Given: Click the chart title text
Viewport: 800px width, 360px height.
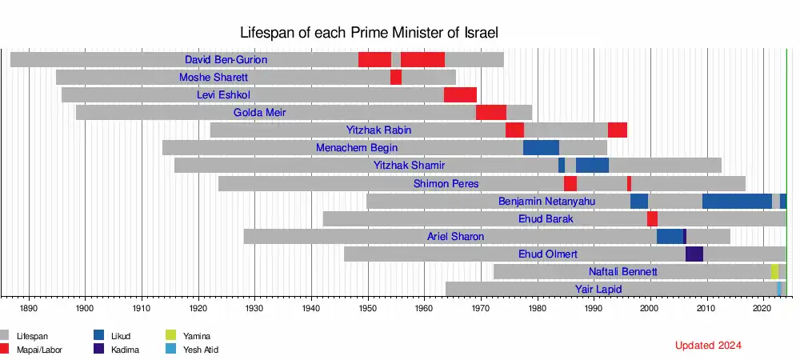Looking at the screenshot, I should (x=370, y=33).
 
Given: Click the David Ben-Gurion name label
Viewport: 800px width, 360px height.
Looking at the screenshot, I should (x=226, y=60).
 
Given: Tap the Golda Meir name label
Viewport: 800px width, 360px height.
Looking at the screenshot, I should (x=259, y=113).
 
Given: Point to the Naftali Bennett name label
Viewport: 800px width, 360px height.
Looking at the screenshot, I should (x=623, y=272).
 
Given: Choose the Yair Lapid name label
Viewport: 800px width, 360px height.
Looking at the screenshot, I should (x=594, y=289).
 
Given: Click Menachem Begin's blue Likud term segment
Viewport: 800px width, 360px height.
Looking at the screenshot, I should (x=541, y=148).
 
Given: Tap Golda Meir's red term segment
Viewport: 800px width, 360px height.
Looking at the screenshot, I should (x=490, y=113).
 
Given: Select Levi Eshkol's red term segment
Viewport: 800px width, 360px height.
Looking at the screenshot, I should (x=460, y=95).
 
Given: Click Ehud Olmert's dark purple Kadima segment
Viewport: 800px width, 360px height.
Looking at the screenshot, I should (x=694, y=254).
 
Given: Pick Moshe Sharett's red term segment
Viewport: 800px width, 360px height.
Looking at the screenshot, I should (x=396, y=78).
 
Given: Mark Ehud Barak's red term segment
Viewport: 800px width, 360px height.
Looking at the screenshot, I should (x=652, y=219).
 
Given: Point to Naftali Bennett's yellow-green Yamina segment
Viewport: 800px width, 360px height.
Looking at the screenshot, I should (x=774, y=272).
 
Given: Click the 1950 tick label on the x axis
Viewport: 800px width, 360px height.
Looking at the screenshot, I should (x=368, y=307).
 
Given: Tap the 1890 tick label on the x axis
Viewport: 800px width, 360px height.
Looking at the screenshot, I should (x=29, y=307).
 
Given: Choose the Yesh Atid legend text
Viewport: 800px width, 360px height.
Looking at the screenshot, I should (x=200, y=350).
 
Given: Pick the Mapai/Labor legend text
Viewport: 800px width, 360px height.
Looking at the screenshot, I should (x=39, y=350).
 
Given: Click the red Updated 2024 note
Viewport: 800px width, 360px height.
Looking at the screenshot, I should (x=708, y=346).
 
